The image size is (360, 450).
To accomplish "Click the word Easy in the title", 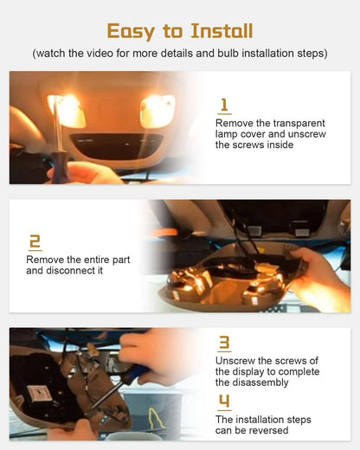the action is (x=131, y=31).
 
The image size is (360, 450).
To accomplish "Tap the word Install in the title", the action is (x=222, y=30).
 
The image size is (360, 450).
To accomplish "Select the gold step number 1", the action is (x=224, y=106).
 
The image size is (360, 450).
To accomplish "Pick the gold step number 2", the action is (x=35, y=241).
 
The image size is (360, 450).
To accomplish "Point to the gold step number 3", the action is (x=224, y=343).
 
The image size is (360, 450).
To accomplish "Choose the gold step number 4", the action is (x=224, y=401).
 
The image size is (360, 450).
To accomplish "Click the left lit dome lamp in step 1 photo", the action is (x=67, y=111).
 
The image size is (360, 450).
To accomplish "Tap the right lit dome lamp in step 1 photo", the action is (x=157, y=112).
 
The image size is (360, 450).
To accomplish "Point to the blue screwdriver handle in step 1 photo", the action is (x=60, y=168).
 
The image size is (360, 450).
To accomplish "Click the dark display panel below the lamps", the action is (x=117, y=146).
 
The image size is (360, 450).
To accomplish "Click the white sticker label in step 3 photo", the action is (x=40, y=394).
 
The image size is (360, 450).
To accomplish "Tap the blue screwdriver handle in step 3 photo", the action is (x=136, y=372).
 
